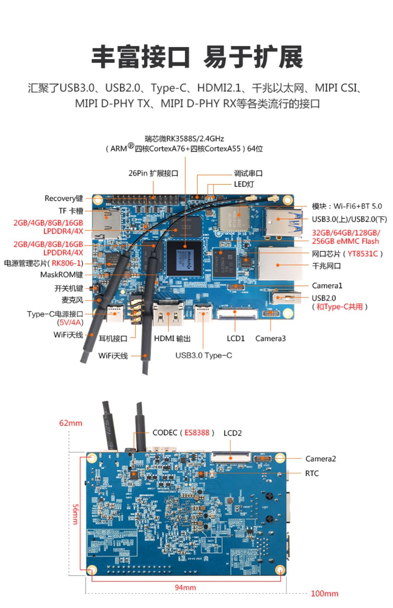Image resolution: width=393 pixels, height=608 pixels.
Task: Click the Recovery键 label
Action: point(64,199)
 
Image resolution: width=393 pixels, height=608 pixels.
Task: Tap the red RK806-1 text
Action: point(67,263)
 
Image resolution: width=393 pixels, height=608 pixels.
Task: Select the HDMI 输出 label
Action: point(172,339)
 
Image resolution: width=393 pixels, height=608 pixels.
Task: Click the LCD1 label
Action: point(235,339)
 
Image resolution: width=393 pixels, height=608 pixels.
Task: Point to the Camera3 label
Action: point(270,339)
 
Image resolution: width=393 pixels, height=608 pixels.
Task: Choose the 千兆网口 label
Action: point(326,266)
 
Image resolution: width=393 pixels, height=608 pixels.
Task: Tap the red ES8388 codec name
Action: point(197,433)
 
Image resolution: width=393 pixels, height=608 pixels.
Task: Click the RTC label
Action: point(312,473)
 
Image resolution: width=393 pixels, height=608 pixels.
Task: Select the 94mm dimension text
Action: point(185,587)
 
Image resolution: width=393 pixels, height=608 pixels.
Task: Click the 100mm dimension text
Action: point(324,594)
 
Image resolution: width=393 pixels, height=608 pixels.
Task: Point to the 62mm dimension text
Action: point(71,423)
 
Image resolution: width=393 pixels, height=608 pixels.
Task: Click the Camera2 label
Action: point(320,459)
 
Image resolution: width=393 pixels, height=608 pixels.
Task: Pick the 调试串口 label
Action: point(248,173)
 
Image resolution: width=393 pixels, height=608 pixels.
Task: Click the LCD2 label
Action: point(233,433)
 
